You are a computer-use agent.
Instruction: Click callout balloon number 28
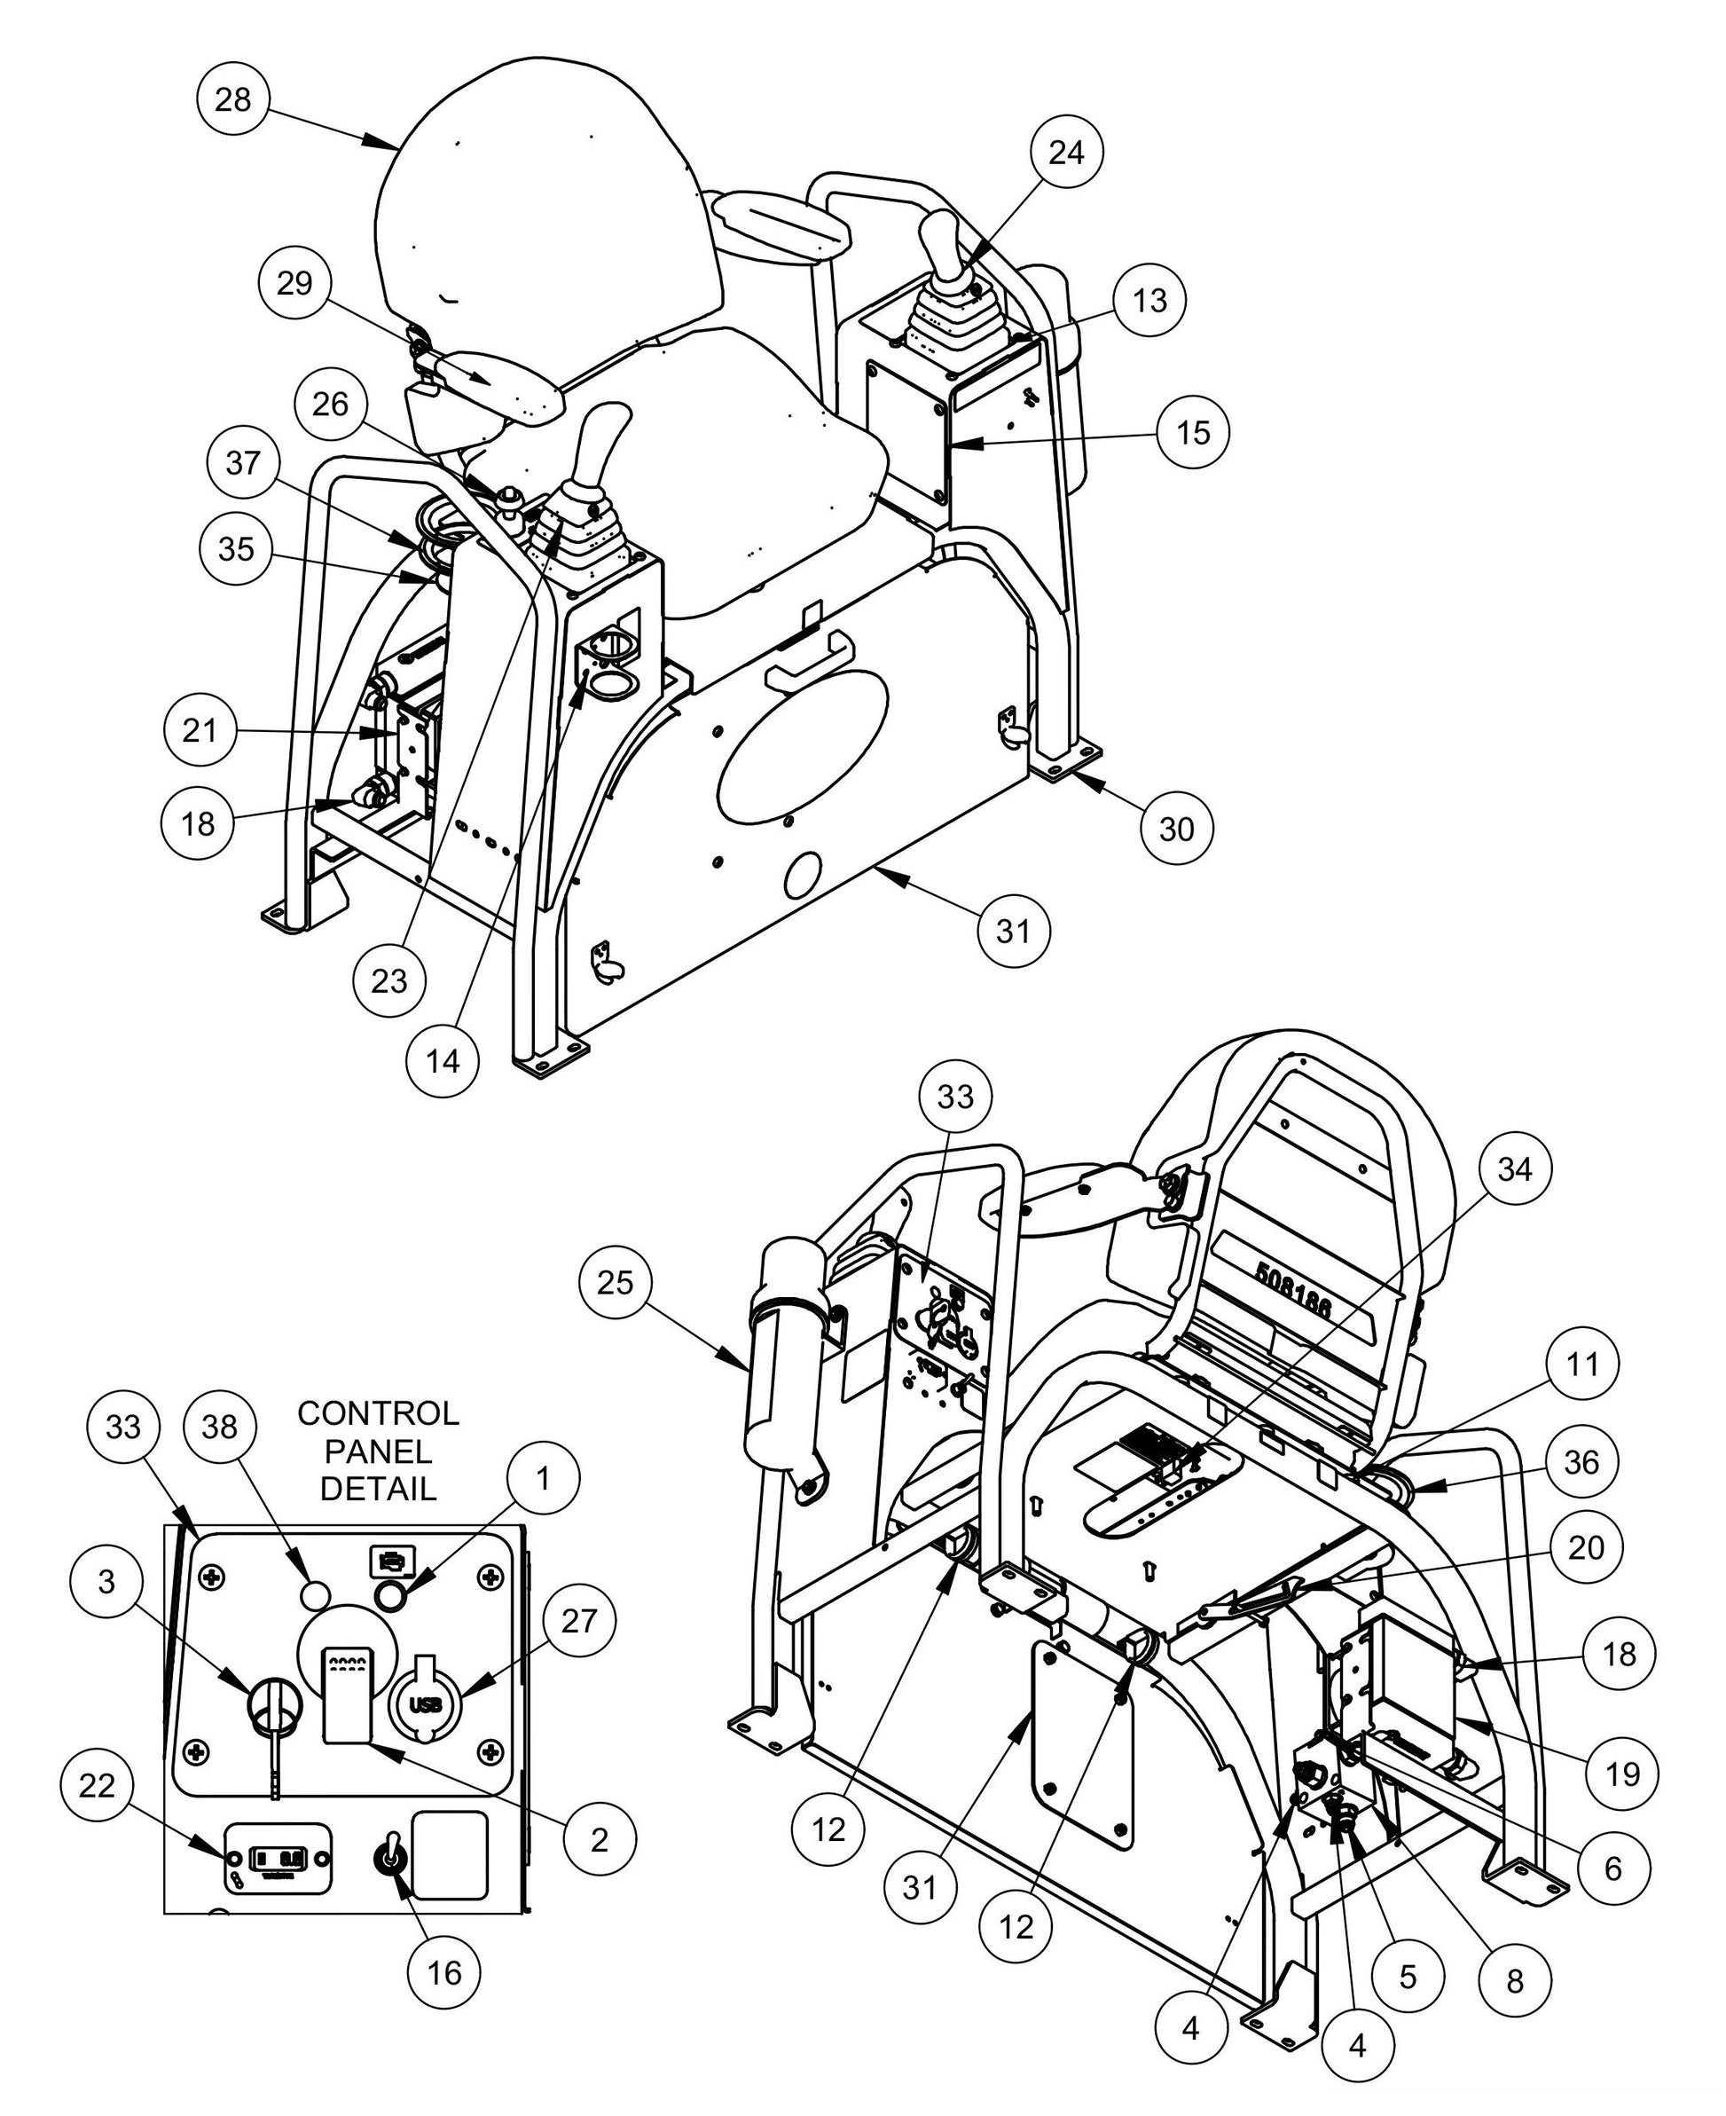click(232, 99)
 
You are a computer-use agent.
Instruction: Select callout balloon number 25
click(616, 1282)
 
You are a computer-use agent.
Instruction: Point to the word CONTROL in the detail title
click(378, 1413)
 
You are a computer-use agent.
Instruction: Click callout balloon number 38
click(220, 1427)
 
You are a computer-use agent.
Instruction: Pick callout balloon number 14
click(443, 1061)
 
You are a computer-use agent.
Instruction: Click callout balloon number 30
click(1176, 829)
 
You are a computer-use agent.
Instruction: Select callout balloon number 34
click(1514, 1170)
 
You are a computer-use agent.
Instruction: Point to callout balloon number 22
click(98, 1786)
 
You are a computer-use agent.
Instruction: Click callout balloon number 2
click(599, 1839)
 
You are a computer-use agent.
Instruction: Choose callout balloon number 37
click(243, 462)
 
